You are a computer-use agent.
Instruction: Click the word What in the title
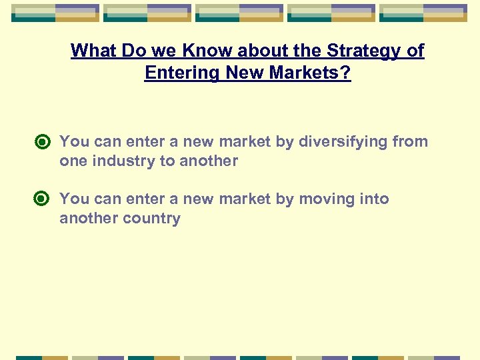click(x=91, y=51)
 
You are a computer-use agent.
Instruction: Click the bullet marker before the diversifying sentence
click(x=43, y=142)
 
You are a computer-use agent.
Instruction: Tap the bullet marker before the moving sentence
click(x=43, y=199)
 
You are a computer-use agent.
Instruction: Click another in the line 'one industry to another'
click(x=209, y=161)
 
